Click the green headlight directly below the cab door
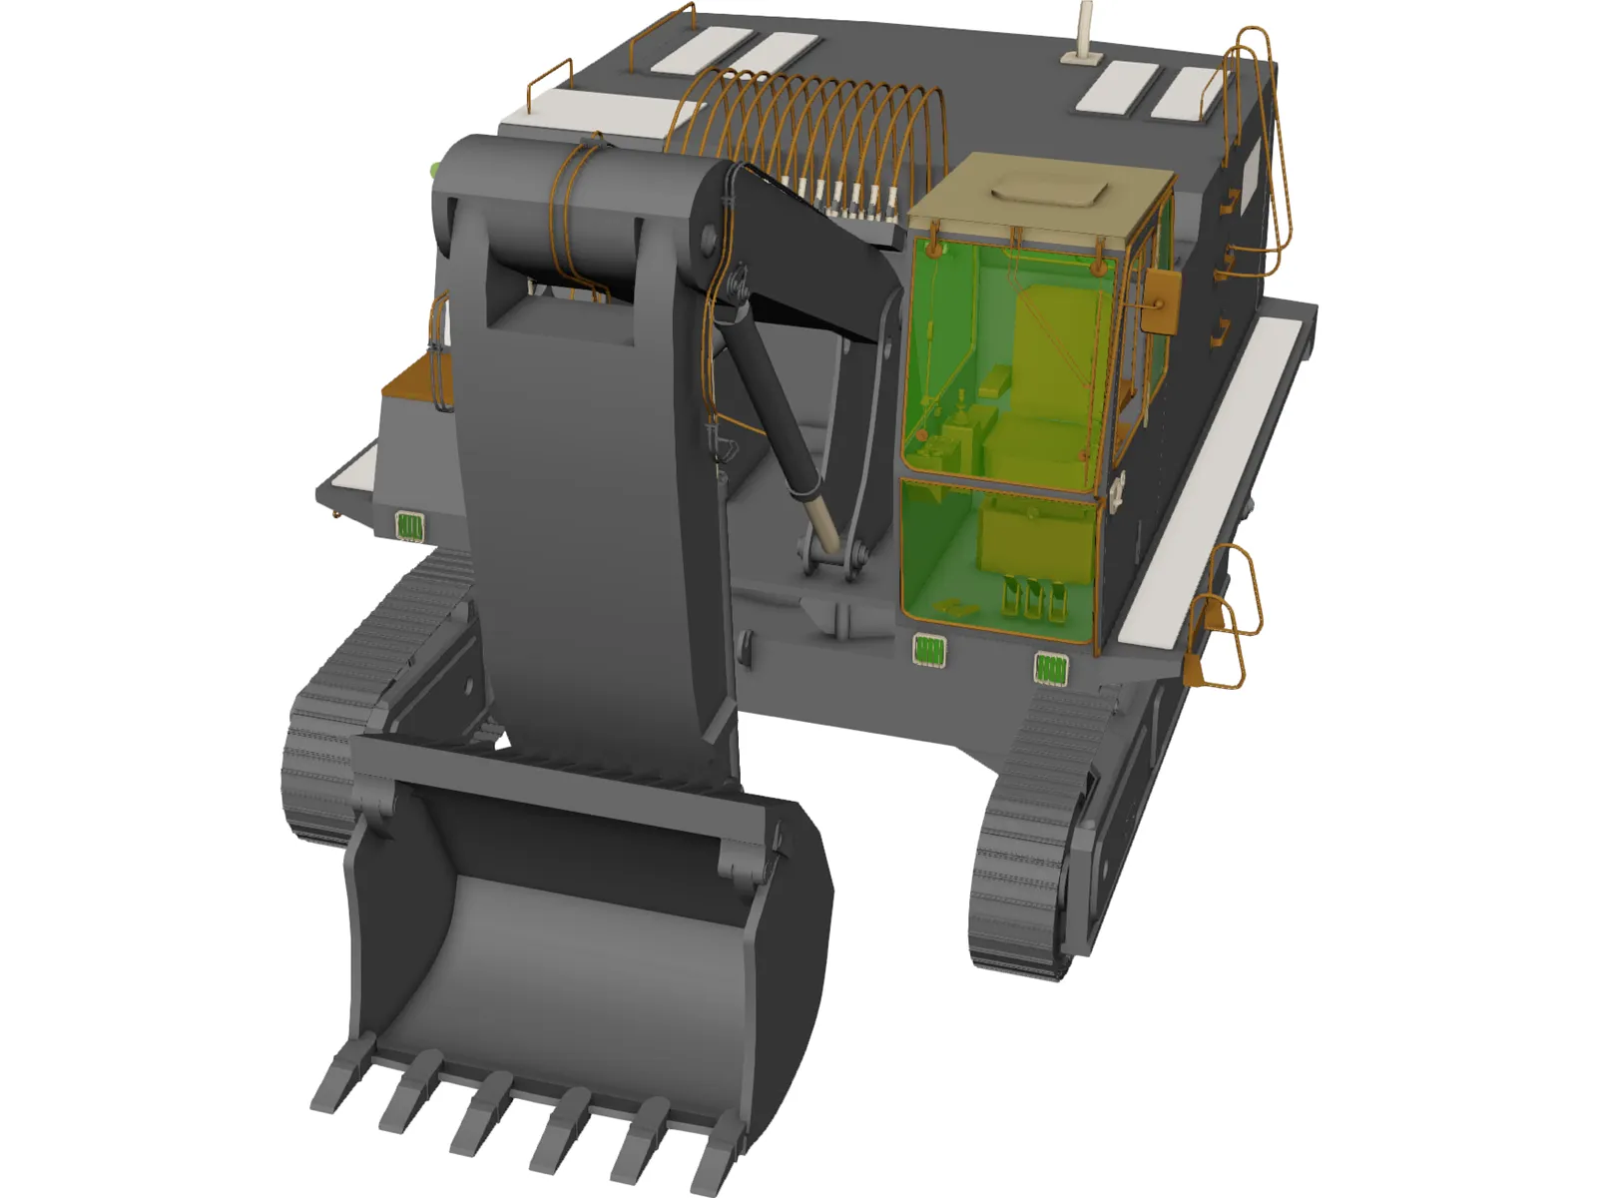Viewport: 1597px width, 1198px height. click(929, 651)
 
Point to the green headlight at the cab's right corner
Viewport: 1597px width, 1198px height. click(1050, 668)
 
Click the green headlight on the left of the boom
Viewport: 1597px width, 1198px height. click(409, 525)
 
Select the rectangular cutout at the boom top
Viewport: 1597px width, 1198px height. click(559, 311)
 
